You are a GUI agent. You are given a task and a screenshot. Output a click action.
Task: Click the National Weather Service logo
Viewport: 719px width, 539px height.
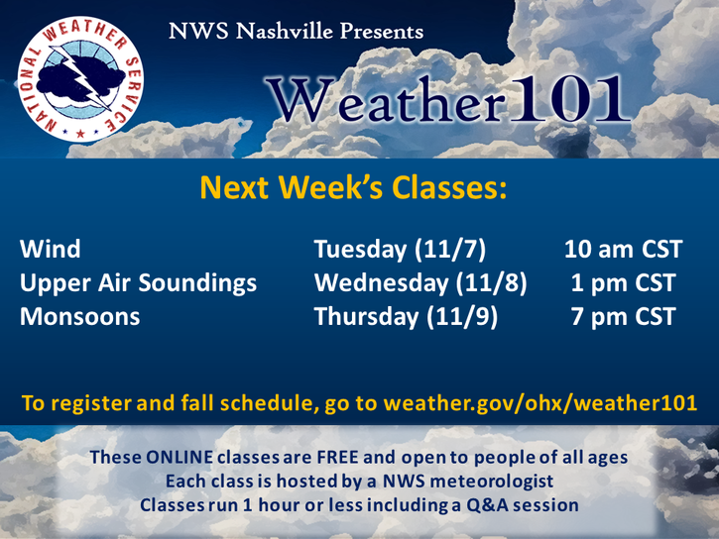(x=80, y=79)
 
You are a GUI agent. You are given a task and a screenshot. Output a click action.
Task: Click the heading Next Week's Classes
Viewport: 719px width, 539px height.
(x=353, y=187)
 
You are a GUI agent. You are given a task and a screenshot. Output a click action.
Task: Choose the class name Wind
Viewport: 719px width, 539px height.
(x=50, y=249)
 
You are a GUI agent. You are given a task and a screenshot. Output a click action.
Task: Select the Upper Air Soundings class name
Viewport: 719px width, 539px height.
(x=138, y=283)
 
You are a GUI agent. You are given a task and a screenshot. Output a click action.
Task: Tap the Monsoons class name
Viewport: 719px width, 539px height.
(x=79, y=316)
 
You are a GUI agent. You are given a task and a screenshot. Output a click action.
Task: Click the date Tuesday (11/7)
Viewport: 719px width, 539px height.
(x=400, y=250)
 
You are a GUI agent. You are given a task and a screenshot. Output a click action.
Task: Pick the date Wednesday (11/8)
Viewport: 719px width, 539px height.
(x=420, y=283)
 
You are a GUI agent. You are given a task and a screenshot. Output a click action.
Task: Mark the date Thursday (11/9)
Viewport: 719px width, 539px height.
(x=406, y=317)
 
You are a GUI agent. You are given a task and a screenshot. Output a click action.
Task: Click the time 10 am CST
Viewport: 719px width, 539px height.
(x=623, y=249)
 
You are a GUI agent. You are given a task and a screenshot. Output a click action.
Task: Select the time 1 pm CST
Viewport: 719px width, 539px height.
(x=623, y=283)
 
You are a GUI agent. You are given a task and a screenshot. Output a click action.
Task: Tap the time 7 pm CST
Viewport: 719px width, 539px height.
(x=623, y=317)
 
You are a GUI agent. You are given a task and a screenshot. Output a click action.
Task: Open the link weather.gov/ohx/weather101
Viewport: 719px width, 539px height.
(x=540, y=403)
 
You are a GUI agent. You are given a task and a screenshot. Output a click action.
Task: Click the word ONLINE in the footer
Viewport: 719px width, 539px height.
(x=180, y=457)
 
